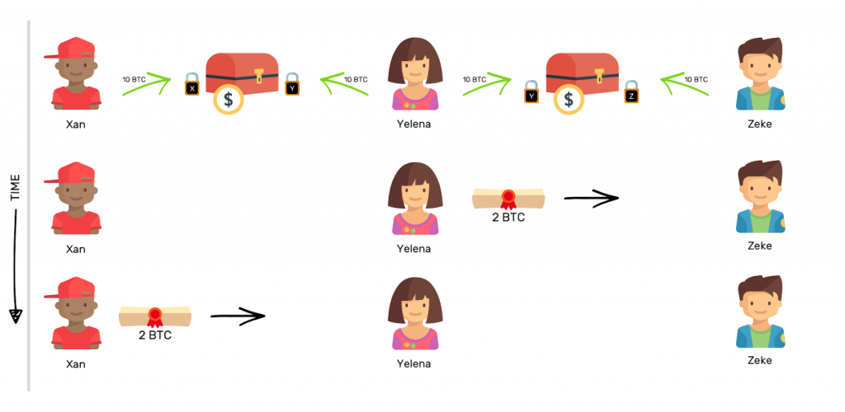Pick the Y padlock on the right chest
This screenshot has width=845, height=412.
[531, 92]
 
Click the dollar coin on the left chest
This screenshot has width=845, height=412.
[228, 100]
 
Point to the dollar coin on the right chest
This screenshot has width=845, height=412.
[567, 100]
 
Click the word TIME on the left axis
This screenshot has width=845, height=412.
[15, 188]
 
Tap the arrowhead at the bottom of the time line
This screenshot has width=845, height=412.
[15, 316]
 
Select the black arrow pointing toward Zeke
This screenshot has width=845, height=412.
[591, 198]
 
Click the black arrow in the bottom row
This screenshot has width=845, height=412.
[237, 315]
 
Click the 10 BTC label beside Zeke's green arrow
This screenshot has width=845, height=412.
[696, 79]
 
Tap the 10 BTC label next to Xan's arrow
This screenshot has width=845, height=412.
[134, 78]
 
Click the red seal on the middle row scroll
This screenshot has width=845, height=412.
[508, 199]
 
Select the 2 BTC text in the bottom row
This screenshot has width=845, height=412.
[155, 335]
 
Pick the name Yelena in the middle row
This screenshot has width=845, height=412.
[413, 248]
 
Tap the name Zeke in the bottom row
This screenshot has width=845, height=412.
[759, 360]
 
